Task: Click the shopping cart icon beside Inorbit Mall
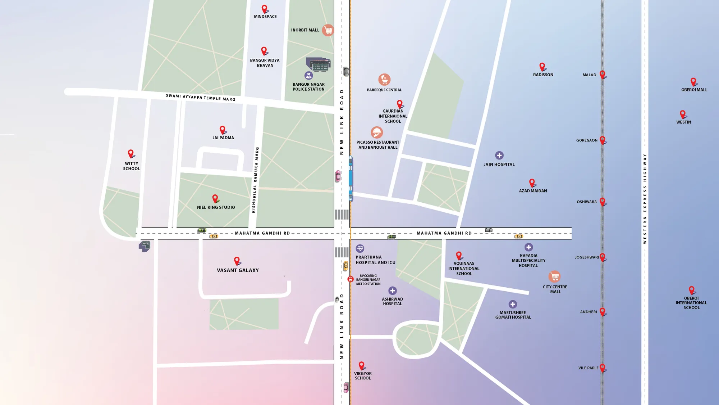pyautogui.click(x=328, y=30)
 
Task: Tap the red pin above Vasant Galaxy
pyautogui.click(x=237, y=260)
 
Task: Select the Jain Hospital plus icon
pyautogui.click(x=499, y=156)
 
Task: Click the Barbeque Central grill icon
pyautogui.click(x=384, y=80)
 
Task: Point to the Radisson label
pyautogui.click(x=543, y=75)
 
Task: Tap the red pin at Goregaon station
pyautogui.click(x=603, y=140)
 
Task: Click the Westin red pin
pyautogui.click(x=683, y=114)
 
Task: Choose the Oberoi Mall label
pyautogui.click(x=694, y=90)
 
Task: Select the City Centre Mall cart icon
pyautogui.click(x=554, y=276)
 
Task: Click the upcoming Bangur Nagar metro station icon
pyautogui.click(x=351, y=279)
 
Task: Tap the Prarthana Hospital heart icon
pyautogui.click(x=360, y=248)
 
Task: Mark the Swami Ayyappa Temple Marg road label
pyautogui.click(x=201, y=97)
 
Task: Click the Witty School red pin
pyautogui.click(x=131, y=153)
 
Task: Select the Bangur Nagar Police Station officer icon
pyautogui.click(x=308, y=76)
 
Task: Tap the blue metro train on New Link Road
pyautogui.click(x=351, y=178)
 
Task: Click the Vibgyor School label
pyautogui.click(x=363, y=376)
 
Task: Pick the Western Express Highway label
pyautogui.click(x=645, y=199)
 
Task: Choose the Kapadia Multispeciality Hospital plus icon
pyautogui.click(x=528, y=247)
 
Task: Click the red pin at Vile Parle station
pyautogui.click(x=603, y=367)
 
